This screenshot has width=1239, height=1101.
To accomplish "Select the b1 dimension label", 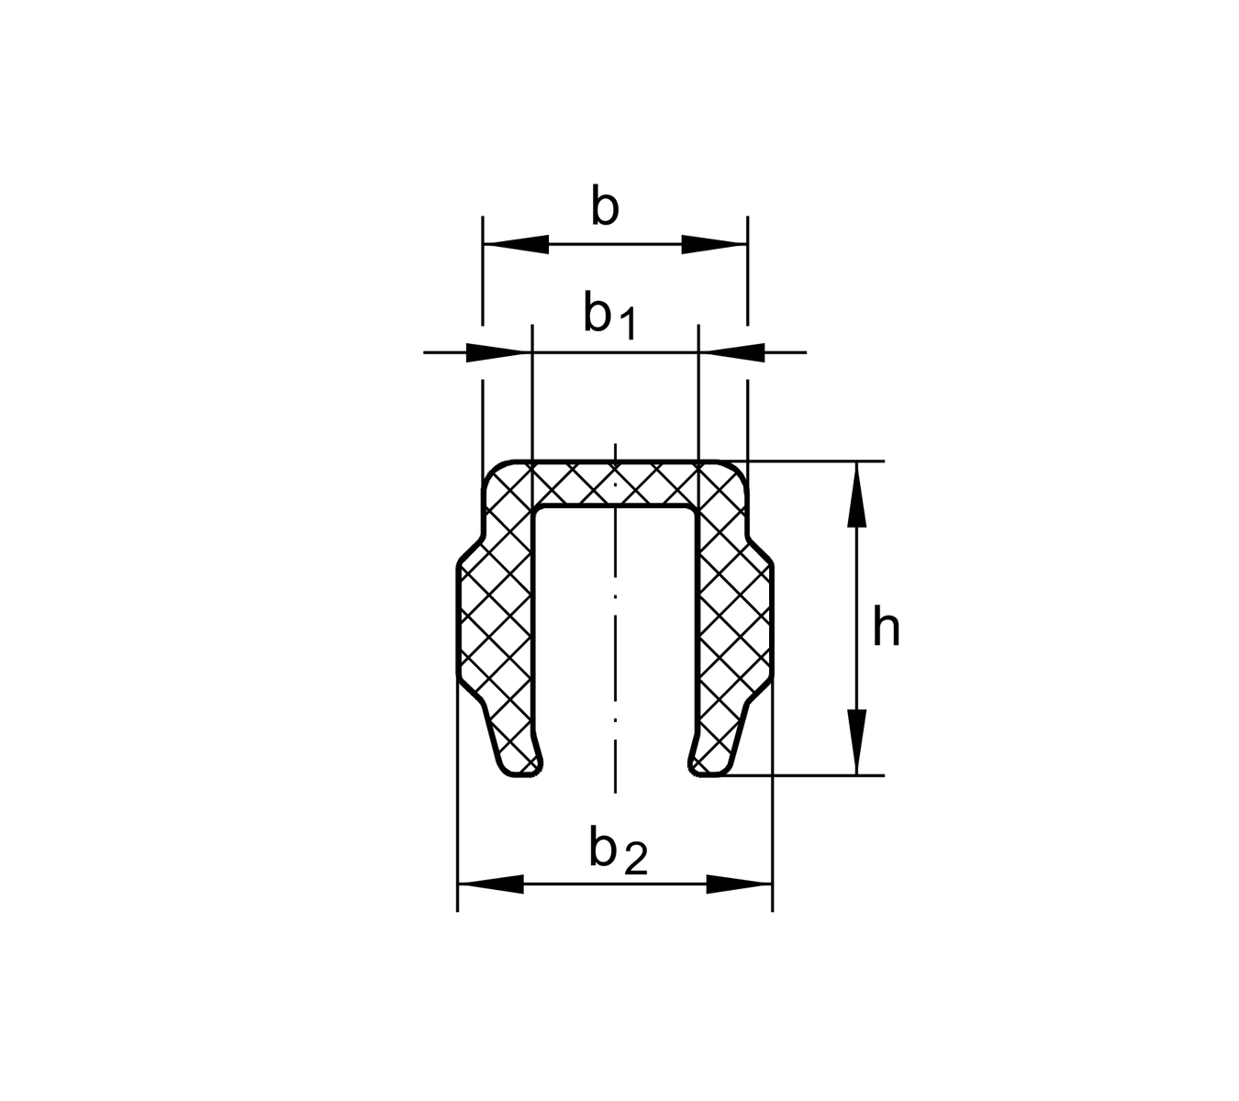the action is pos(609,315).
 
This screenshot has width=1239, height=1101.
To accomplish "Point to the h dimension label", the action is pos(886,626).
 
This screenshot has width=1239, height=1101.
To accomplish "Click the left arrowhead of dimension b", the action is pos(516,245).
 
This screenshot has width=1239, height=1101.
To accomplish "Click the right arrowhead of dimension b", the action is pos(714,245).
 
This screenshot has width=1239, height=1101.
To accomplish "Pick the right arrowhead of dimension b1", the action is pos(731,352).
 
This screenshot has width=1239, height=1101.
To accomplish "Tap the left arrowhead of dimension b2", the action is pos(490,884).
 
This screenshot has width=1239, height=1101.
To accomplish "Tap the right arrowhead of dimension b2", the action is pos(739,884).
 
